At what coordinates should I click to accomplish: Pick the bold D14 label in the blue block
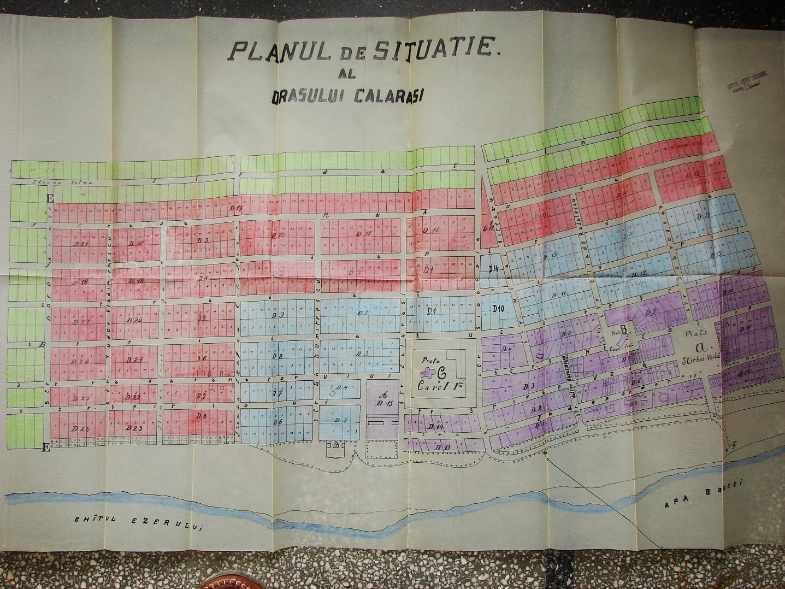tap(494, 268)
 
